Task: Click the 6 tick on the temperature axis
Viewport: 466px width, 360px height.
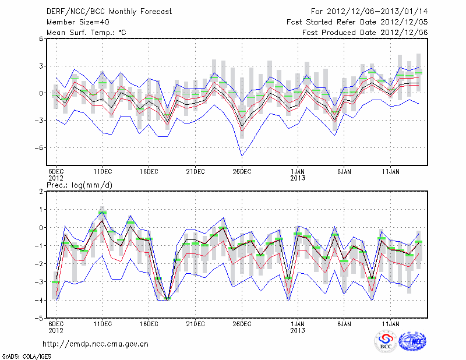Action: (41, 39)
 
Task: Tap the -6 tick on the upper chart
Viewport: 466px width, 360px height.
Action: (39, 148)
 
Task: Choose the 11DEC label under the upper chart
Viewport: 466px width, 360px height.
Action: (103, 171)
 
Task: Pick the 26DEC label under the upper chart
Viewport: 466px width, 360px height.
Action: (242, 171)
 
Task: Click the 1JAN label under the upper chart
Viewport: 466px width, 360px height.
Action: (298, 171)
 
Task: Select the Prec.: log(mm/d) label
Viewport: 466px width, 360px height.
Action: (81, 185)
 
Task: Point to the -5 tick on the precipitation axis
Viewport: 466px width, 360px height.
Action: (39, 319)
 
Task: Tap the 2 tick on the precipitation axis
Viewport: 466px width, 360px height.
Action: (41, 191)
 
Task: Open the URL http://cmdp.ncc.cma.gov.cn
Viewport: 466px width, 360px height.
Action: (96, 344)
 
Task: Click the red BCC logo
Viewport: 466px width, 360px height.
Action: (384, 342)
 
